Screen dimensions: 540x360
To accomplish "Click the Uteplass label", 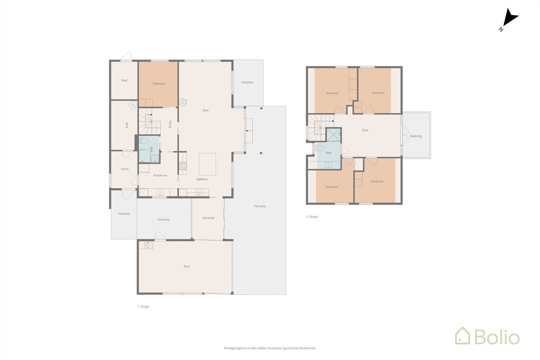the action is click(247, 82).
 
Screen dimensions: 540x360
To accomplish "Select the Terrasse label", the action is click(260, 206).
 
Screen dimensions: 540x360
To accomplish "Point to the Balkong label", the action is click(416, 136).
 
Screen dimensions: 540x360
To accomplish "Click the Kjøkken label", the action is click(202, 179).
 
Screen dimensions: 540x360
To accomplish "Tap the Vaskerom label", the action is click(160, 175).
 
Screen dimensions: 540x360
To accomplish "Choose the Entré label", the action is click(125, 169).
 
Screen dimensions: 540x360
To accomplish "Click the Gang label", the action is click(170, 124).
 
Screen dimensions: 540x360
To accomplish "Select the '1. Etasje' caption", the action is click(143, 306).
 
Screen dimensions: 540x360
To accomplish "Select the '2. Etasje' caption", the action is click(312, 217).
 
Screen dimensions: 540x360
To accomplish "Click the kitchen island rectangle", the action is click(207, 164).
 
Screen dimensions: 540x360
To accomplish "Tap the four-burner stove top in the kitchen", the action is click(183, 165).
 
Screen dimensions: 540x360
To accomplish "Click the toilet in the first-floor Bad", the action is click(143, 140).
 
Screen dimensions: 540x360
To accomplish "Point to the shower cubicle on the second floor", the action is click(334, 135).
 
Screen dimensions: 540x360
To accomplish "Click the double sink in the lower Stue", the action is click(148, 245).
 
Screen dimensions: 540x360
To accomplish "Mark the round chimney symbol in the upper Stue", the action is click(183, 102).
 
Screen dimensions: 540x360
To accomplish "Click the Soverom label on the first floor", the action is click(159, 84).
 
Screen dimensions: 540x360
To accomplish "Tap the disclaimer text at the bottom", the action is click(270, 348).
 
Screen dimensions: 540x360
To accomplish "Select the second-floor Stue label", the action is click(365, 130).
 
